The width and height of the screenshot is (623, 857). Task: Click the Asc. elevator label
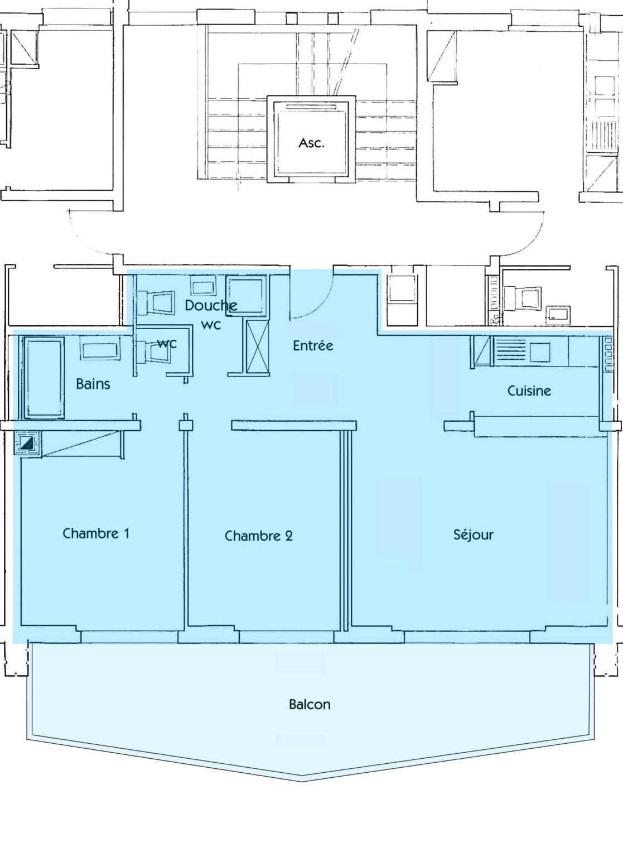click(x=311, y=143)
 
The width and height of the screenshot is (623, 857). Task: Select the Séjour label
click(x=474, y=535)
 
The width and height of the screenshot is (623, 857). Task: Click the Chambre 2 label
click(x=259, y=536)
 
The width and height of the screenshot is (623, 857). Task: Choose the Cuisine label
click(x=529, y=391)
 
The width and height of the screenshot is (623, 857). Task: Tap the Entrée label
click(x=313, y=345)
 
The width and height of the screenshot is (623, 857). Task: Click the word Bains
click(x=93, y=384)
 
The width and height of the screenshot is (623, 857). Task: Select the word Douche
click(x=211, y=305)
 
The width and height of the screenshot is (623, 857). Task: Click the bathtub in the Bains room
click(x=44, y=378)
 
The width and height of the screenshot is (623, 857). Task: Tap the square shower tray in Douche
click(x=245, y=296)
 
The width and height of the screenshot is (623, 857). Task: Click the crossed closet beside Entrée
click(x=257, y=347)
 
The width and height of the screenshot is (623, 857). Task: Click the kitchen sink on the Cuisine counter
click(x=540, y=352)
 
